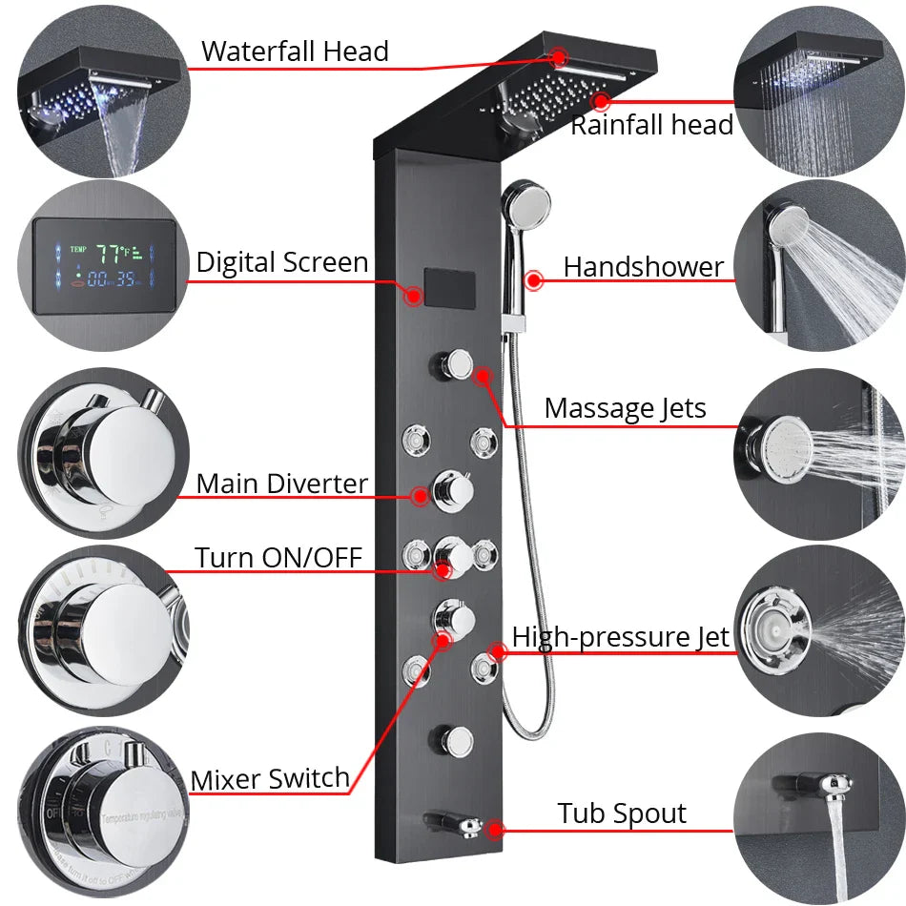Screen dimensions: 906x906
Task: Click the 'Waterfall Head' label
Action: tap(295, 51)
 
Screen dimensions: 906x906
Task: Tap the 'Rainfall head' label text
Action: tap(651, 125)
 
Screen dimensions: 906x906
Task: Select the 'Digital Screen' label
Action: tap(282, 262)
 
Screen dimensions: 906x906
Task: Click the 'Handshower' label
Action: tap(643, 267)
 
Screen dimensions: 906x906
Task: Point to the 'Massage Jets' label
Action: tap(625, 408)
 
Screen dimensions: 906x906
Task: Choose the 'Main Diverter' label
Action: tap(281, 484)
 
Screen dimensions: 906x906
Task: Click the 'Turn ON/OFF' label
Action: tap(278, 556)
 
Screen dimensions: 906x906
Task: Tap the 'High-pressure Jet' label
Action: tap(620, 636)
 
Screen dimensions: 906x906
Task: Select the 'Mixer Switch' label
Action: tap(270, 778)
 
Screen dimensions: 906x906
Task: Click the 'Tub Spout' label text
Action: tap(622, 813)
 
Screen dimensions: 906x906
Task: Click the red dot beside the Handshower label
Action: tap(534, 280)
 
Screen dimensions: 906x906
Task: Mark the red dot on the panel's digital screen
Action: tap(413, 296)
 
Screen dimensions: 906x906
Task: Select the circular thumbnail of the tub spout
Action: tap(819, 815)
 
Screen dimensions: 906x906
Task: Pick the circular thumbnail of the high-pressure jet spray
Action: tap(819, 629)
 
